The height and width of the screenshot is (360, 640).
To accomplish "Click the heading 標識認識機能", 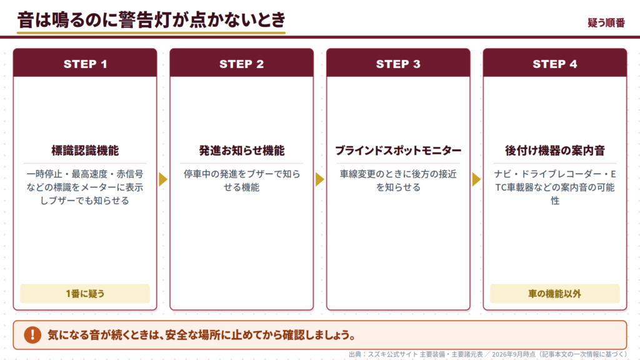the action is coord(85,151).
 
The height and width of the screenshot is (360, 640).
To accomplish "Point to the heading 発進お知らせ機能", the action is coord(242,151).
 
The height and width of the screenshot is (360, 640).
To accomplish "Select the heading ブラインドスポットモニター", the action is coord(398,151).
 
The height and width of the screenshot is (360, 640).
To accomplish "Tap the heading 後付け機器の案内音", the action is coord(555,151).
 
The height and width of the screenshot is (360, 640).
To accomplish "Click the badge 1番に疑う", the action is coord(85,294).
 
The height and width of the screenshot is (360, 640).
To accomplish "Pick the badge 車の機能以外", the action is coord(555,294).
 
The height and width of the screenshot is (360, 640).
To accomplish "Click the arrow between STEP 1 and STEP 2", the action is coord(163,179).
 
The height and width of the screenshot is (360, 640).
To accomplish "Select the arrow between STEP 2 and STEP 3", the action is coord(319,179).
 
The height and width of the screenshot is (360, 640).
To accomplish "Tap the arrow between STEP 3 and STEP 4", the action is coord(476,179).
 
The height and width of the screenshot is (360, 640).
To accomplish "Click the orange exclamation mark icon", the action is coord(32,335).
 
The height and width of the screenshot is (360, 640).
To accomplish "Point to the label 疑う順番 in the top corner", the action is coord(606,23).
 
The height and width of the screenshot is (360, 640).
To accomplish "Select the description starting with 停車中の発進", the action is coord(242,181).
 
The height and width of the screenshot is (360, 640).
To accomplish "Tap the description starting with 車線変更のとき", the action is coord(398,181).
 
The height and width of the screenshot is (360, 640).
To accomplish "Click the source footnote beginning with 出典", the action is coord(487,354).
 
